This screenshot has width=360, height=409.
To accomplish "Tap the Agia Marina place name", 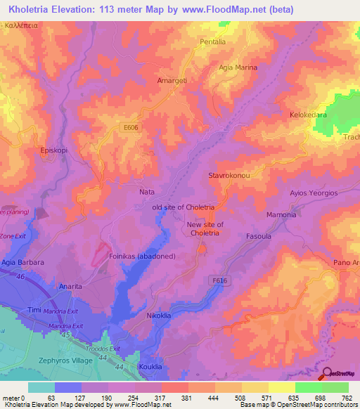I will tap(238, 68).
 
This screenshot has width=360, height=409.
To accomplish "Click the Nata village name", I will tap(147, 191).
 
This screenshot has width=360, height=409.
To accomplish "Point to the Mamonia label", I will tap(281, 214).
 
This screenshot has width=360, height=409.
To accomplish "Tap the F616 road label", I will tap(219, 280).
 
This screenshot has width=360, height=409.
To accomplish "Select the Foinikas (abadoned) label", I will tap(142, 257).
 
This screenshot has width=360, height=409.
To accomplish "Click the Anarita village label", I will tap(70, 286).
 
